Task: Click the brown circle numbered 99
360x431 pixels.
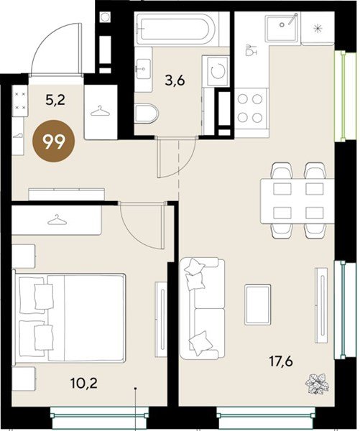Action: (x=54, y=142)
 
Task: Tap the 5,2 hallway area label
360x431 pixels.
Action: (x=55, y=100)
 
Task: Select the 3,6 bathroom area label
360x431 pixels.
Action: (x=175, y=80)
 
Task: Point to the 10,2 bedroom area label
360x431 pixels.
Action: (x=84, y=383)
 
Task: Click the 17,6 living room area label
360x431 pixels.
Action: (x=281, y=361)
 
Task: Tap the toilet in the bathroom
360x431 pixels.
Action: (x=147, y=113)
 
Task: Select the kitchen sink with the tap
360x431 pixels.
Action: (x=282, y=28)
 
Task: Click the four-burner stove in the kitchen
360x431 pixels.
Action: (x=250, y=108)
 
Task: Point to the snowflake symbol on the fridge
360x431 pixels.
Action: (x=318, y=28)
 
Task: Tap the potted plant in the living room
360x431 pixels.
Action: (x=317, y=384)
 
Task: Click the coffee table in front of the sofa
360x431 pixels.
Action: (x=257, y=305)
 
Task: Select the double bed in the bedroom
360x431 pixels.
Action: (x=70, y=317)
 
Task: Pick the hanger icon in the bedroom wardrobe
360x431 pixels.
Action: (x=57, y=220)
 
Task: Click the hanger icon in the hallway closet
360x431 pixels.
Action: (x=100, y=111)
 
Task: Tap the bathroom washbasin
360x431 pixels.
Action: (x=143, y=69)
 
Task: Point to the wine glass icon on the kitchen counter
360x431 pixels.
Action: (x=251, y=50)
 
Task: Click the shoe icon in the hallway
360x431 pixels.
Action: (x=19, y=136)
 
